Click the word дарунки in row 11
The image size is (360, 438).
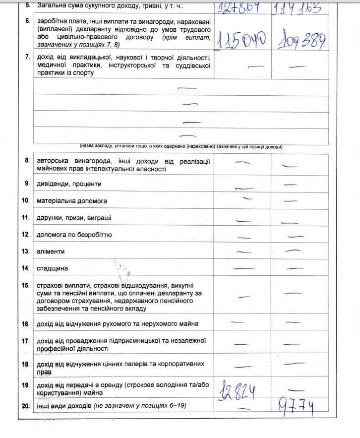(50, 218)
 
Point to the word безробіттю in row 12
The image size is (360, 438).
(94, 235)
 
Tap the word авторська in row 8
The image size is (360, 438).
(54, 161)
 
